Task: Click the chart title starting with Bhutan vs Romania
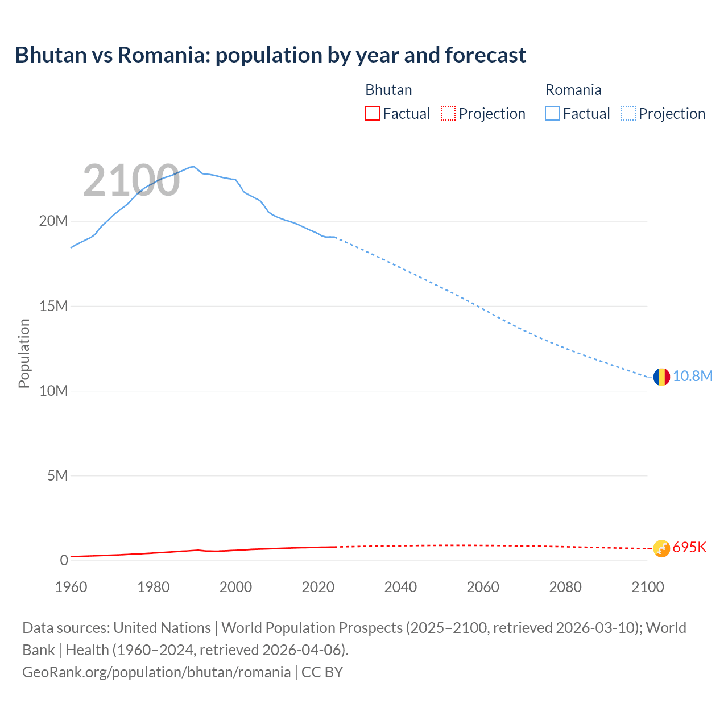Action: click(x=270, y=55)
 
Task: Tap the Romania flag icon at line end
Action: click(x=661, y=377)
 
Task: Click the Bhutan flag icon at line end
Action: click(x=661, y=548)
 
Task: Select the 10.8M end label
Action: click(x=692, y=377)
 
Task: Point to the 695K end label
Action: click(x=689, y=548)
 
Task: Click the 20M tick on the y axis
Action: click(x=53, y=221)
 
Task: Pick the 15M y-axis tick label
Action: click(x=53, y=307)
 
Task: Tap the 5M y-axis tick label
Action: click(x=57, y=476)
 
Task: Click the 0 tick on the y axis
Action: click(x=64, y=561)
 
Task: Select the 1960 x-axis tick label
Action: click(x=71, y=587)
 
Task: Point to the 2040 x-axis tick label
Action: click(x=400, y=587)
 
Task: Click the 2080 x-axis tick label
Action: click(x=565, y=587)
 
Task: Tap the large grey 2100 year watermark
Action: click(x=131, y=181)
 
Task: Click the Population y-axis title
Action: click(x=24, y=353)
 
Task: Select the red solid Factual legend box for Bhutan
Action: click(x=372, y=114)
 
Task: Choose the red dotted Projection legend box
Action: click(x=448, y=114)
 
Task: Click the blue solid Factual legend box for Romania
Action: click(x=552, y=114)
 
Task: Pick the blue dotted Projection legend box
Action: click(x=628, y=114)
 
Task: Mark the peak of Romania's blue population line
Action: click(x=194, y=167)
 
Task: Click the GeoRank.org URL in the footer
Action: click(x=156, y=672)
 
